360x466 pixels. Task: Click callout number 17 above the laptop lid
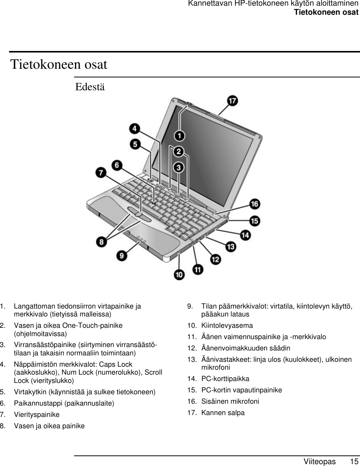click(x=232, y=101)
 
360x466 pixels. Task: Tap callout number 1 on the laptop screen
click(x=179, y=135)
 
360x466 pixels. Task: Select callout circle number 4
click(x=134, y=129)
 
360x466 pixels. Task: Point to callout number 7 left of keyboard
click(x=100, y=173)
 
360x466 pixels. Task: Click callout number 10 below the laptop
click(x=179, y=275)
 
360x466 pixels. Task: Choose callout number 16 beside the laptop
click(x=255, y=204)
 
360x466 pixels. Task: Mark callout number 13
click(x=230, y=247)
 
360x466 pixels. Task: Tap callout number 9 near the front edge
click(x=122, y=256)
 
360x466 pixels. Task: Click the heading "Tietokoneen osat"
click(x=59, y=64)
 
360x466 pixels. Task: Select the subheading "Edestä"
click(x=90, y=87)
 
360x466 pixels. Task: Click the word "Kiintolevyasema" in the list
click(x=227, y=326)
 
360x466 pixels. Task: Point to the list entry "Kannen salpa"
click(x=223, y=413)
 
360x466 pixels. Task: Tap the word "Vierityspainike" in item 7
click(x=37, y=415)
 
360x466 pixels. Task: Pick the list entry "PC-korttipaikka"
click(x=225, y=379)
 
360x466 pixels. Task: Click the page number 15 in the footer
click(x=354, y=461)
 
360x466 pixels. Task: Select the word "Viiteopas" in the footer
click(x=320, y=461)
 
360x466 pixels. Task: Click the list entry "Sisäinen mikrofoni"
click(x=230, y=401)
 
